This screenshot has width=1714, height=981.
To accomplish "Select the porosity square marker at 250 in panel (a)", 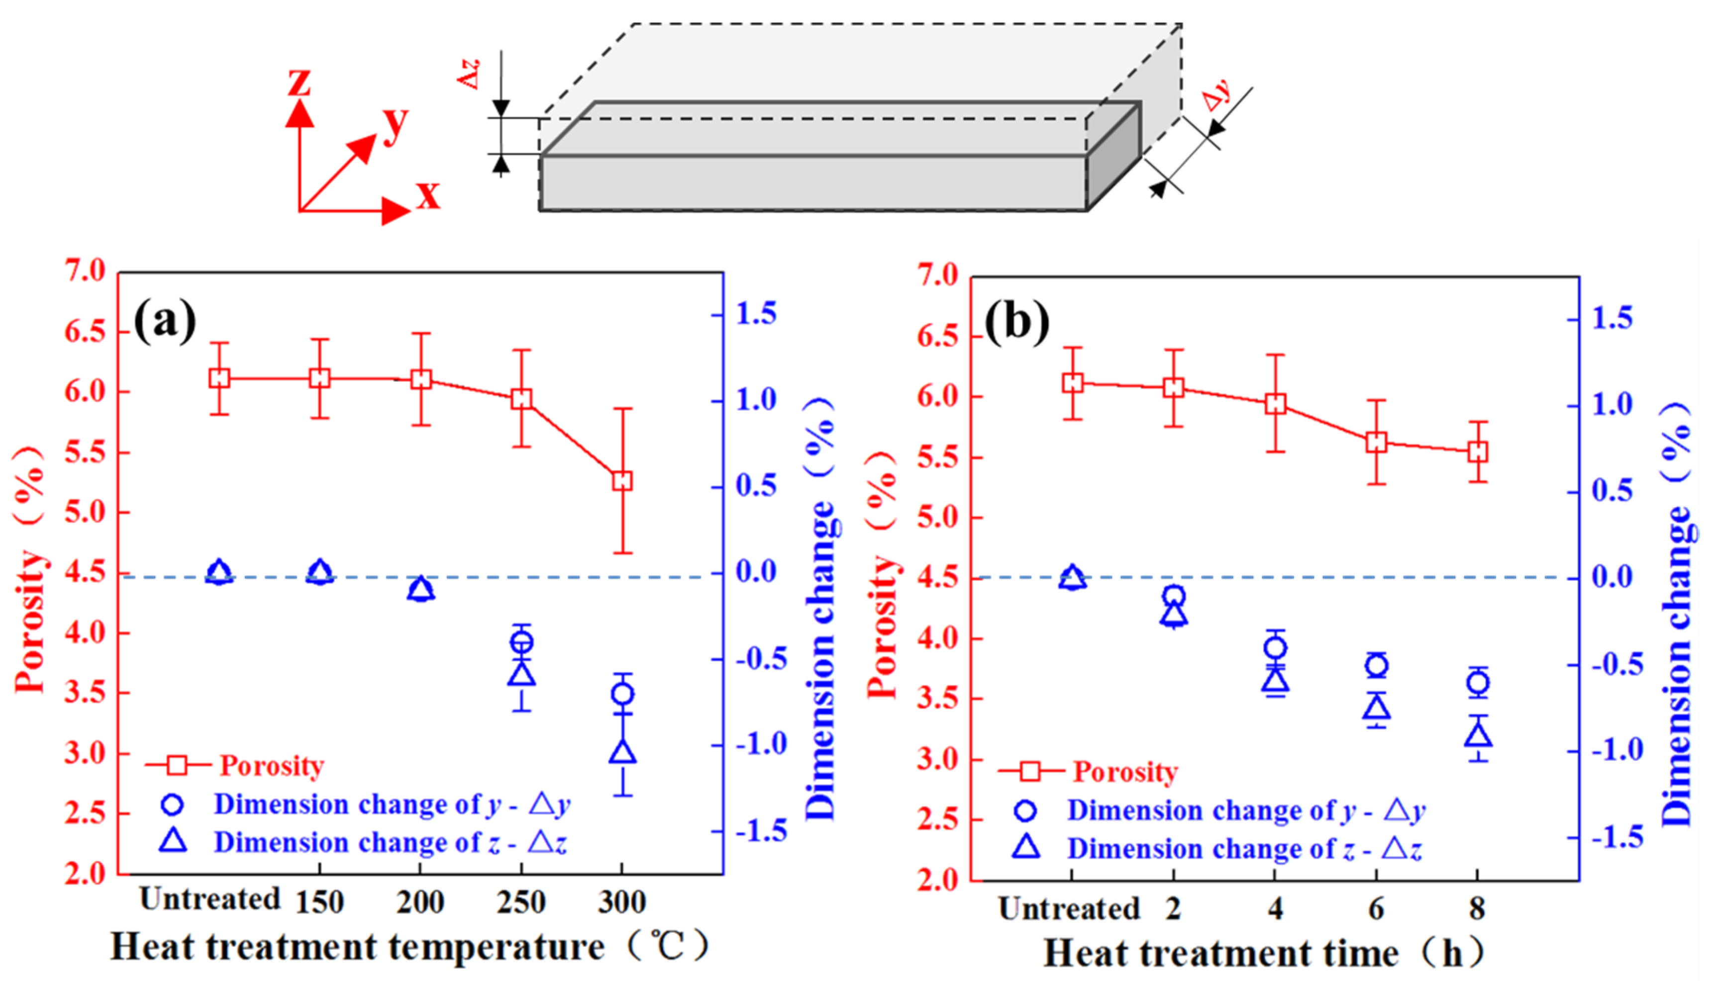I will click(521, 398).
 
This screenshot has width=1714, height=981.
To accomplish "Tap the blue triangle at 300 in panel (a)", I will click(622, 752).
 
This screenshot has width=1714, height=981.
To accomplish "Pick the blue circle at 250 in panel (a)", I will click(521, 642).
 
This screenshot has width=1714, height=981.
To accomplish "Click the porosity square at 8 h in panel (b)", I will click(1478, 451).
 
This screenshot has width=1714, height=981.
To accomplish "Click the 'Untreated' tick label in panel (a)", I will click(209, 899).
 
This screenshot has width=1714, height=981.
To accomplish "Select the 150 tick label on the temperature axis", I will click(319, 901).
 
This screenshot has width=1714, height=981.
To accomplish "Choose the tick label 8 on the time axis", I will click(1478, 909).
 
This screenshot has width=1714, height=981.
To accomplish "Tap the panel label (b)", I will click(1017, 321).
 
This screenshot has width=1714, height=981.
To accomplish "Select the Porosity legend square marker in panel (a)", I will click(177, 765).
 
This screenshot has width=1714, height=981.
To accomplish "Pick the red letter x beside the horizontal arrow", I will click(428, 195).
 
